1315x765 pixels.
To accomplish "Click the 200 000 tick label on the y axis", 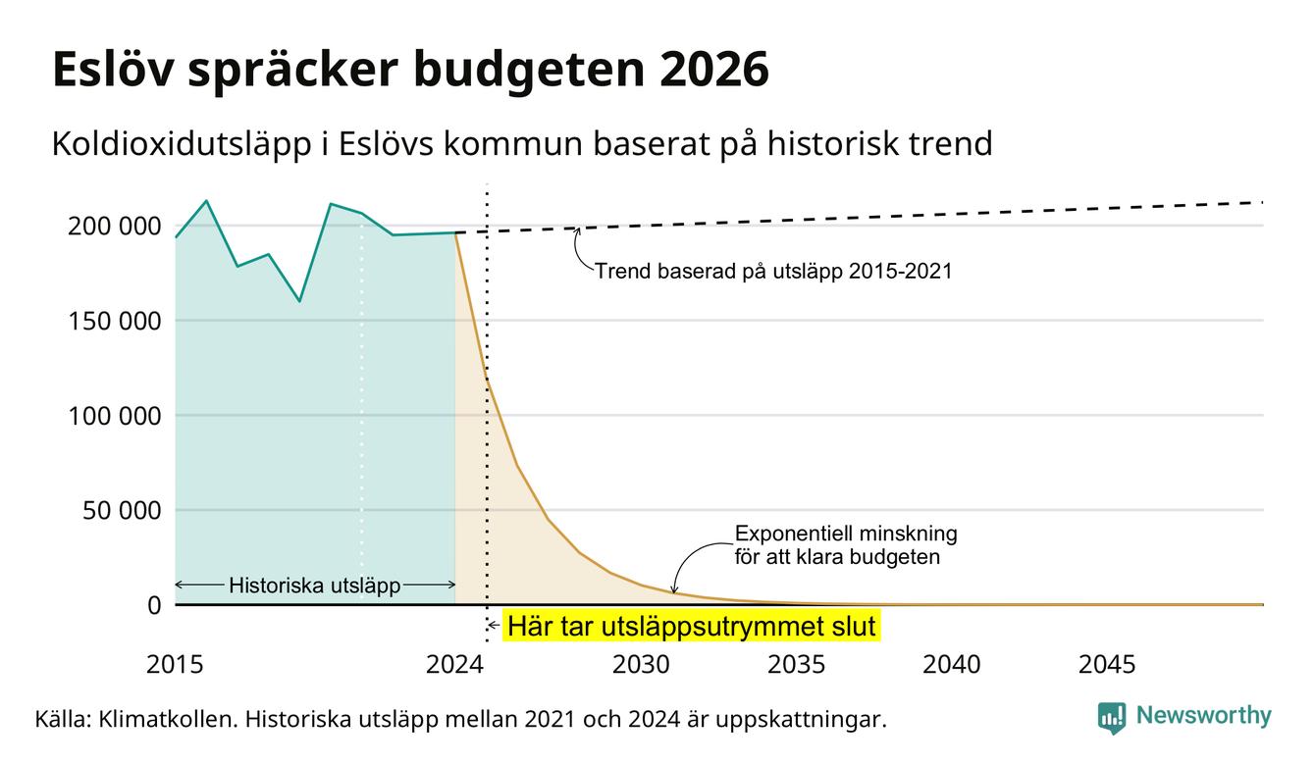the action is click(115, 226).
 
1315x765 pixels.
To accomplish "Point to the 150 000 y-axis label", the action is click(115, 321).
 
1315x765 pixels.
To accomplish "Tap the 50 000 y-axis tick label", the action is click(122, 510).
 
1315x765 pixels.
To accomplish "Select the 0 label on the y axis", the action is click(154, 605).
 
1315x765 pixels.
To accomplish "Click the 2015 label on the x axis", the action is click(175, 665).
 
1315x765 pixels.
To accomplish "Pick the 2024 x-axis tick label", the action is click(455, 665).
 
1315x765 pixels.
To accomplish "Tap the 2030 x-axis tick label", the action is click(641, 665).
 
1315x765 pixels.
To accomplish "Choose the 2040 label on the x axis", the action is click(952, 665).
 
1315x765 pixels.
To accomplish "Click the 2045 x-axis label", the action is click(1107, 665).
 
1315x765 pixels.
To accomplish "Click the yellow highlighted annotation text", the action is click(692, 626).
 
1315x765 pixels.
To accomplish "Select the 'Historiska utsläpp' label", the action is click(315, 586).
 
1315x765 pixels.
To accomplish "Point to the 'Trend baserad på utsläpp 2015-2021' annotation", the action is click(773, 271).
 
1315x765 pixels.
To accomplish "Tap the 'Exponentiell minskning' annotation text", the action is click(846, 534).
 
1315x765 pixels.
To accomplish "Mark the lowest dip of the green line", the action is click(299, 301).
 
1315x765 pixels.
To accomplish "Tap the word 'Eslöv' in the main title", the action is click(113, 70).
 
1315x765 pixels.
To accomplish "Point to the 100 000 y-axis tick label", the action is click(115, 416).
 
